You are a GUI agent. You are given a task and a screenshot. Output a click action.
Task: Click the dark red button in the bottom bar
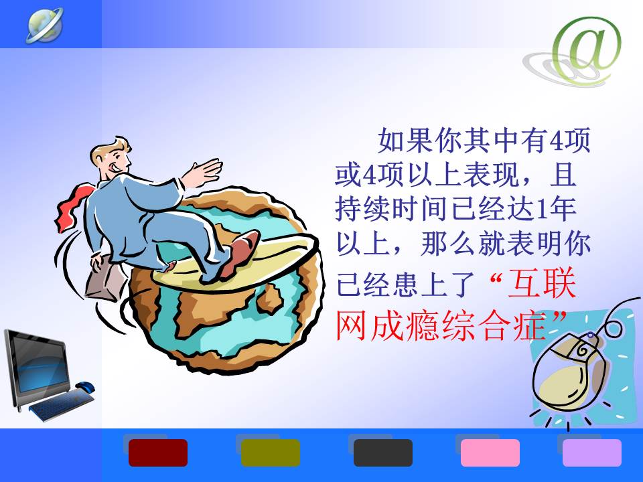click(158, 453)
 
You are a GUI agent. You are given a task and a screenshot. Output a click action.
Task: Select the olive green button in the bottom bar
click(270, 453)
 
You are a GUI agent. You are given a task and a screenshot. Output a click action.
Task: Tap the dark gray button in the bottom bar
click(383, 453)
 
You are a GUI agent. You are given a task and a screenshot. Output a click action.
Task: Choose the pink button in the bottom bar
click(490, 453)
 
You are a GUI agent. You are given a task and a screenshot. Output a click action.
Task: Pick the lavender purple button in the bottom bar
click(591, 453)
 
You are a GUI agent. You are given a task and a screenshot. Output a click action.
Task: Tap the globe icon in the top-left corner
click(45, 25)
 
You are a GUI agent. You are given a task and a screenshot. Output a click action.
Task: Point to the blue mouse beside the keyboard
click(85, 386)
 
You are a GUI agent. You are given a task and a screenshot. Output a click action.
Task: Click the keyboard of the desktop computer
click(61, 404)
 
